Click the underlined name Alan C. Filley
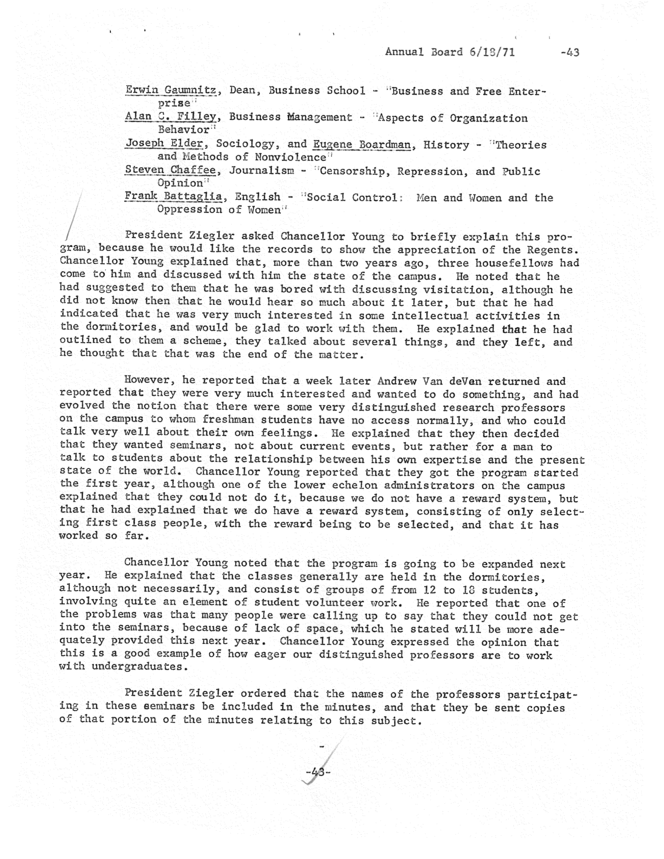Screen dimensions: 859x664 171,117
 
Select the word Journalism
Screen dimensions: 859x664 261,171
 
